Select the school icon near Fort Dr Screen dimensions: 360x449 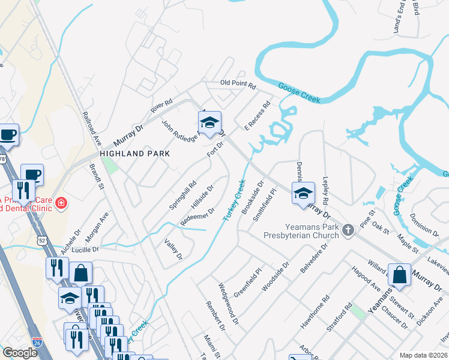click(209, 123)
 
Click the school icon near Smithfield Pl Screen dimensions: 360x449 click(303, 193)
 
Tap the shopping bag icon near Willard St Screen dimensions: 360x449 click(399, 274)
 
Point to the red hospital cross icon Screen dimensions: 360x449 click(60, 204)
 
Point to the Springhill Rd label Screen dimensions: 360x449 click(182, 195)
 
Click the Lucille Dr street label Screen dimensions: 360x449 click(86, 248)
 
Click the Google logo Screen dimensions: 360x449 click(20, 353)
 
